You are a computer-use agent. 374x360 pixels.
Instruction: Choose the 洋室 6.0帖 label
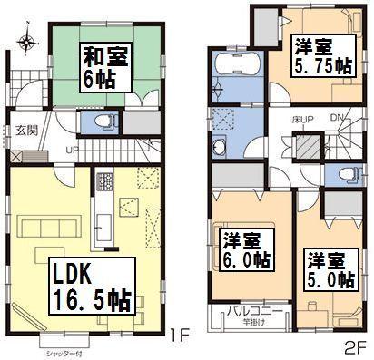[246, 248]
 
